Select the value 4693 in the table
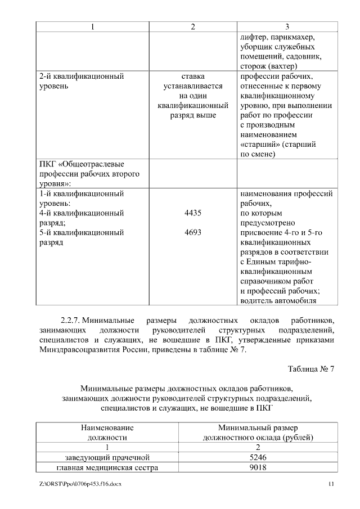tap(193, 232)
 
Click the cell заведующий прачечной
tap(107, 457)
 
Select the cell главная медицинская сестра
tap(107, 468)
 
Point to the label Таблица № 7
tap(311, 369)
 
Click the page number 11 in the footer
tap(331, 484)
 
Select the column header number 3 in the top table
tap(287, 26)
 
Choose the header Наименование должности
tap(107, 431)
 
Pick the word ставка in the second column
tap(193, 76)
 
